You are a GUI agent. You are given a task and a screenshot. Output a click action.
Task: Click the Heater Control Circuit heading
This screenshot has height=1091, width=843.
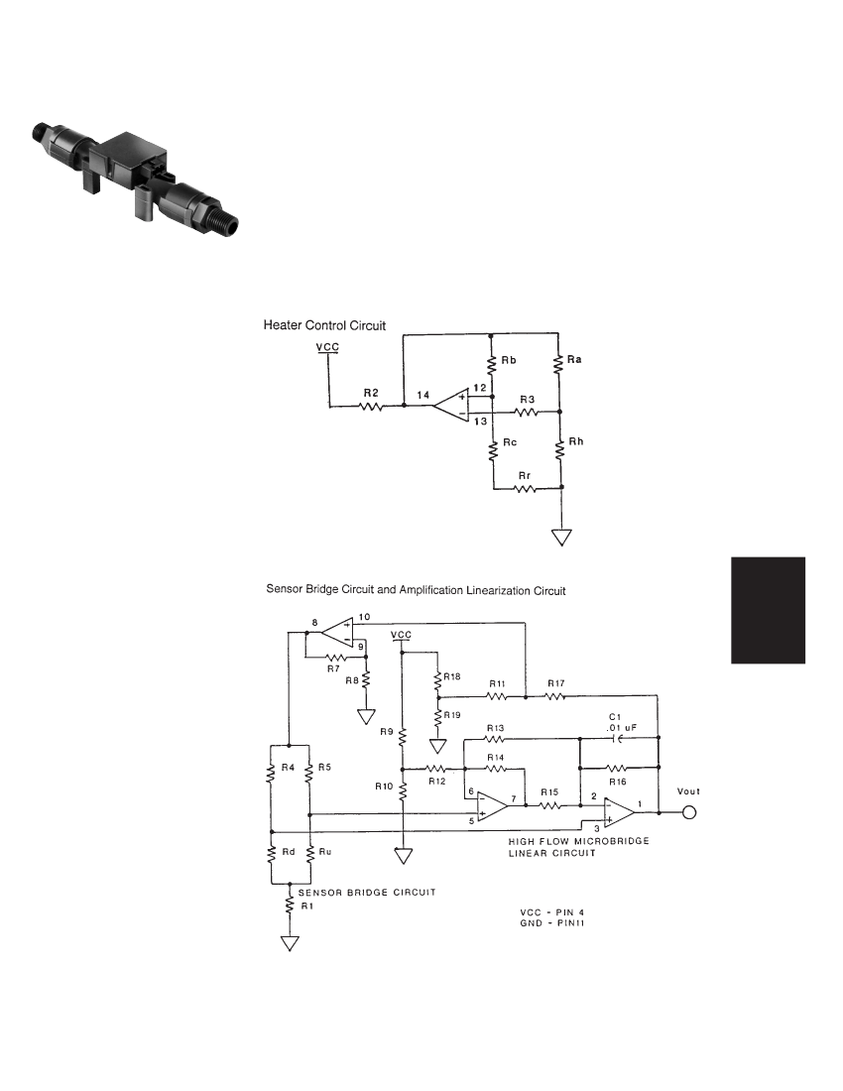click(324, 325)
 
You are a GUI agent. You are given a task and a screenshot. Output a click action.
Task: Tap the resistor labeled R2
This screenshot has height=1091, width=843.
click(372, 406)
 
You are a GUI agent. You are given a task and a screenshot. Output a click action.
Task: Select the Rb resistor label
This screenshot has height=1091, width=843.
click(509, 360)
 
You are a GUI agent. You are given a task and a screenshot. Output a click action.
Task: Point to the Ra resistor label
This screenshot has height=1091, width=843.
click(574, 360)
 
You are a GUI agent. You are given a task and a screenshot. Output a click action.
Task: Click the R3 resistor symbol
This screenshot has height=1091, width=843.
click(527, 412)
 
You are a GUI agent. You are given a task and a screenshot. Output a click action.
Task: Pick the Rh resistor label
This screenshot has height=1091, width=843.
click(576, 441)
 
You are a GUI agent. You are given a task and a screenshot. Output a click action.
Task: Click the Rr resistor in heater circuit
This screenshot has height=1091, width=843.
click(525, 488)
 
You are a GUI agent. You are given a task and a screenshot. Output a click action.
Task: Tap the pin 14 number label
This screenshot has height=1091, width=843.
click(422, 395)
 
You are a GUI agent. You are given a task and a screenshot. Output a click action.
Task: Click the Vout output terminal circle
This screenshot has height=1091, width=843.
click(688, 812)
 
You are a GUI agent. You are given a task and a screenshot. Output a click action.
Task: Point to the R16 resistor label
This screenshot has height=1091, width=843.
click(617, 782)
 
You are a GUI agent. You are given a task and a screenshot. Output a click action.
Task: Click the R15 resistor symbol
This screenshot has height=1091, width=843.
click(549, 805)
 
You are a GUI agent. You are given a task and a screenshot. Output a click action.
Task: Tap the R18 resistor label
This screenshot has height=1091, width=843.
click(452, 676)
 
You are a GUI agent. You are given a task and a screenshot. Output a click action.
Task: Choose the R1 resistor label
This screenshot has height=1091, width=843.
click(307, 906)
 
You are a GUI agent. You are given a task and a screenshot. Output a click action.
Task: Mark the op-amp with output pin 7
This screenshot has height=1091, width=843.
click(493, 805)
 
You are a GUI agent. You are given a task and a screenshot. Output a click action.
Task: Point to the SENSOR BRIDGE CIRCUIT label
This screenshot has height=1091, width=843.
click(367, 892)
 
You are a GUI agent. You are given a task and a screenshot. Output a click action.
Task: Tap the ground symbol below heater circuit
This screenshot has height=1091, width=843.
click(561, 538)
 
